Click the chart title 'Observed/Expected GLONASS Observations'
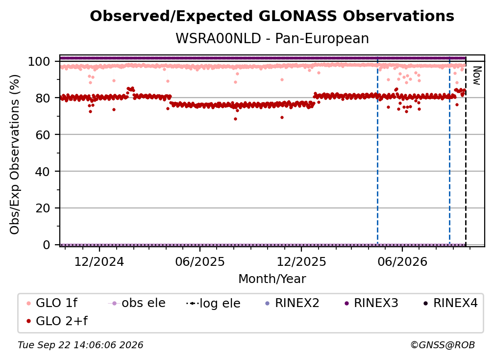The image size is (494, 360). (272, 16)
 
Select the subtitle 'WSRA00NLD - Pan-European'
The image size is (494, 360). (272, 38)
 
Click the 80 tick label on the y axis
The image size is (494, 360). (43, 98)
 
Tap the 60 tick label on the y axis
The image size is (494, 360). (43, 134)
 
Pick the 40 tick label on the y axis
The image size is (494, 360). (43, 172)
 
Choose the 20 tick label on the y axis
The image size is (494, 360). (43, 208)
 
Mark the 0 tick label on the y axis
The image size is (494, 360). (47, 245)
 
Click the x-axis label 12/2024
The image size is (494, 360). (99, 261)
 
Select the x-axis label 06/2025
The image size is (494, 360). (200, 261)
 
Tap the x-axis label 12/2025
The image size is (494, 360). (301, 261)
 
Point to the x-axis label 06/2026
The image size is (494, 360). (402, 261)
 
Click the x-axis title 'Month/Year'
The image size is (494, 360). (272, 279)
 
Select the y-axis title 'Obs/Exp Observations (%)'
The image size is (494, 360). (15, 154)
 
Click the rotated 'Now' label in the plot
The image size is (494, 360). (477, 76)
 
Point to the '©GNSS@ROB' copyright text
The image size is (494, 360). (443, 345)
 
